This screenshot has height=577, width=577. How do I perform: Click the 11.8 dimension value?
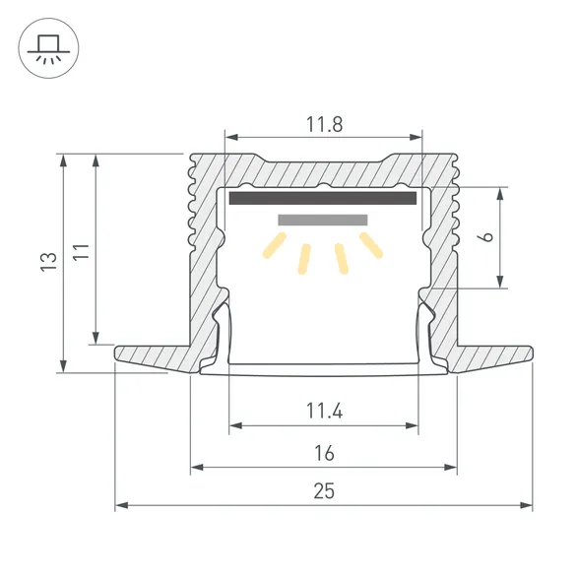pyautogui.click(x=323, y=125)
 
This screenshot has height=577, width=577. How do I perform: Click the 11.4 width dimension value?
pyautogui.click(x=323, y=412)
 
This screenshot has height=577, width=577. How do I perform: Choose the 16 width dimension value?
pyautogui.click(x=325, y=453)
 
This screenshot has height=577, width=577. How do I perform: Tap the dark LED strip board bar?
pyautogui.click(x=323, y=198)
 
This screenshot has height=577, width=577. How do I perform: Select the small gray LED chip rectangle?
pyautogui.click(x=323, y=220)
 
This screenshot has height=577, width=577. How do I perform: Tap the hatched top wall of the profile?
pyautogui.click(x=323, y=167)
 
